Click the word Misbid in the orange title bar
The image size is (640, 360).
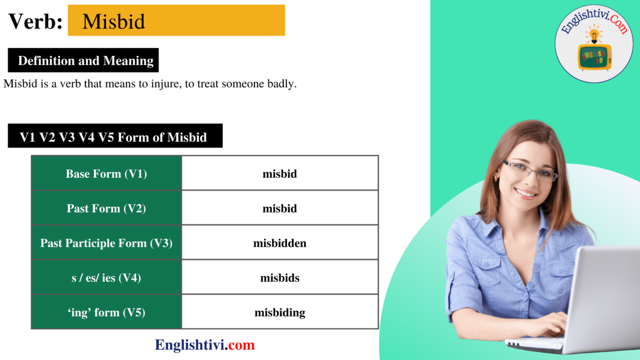point(114,21)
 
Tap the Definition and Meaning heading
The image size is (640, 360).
point(86,61)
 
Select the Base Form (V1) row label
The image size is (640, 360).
point(106,174)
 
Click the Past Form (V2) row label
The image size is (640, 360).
point(106,208)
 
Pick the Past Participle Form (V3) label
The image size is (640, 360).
point(106,243)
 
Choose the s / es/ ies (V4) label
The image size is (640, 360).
point(106,278)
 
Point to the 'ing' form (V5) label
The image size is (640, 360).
point(106,312)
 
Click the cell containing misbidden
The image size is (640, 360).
point(280,243)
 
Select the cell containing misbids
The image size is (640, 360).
point(280,278)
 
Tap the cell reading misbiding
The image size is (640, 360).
point(280,312)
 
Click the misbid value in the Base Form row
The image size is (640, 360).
point(280,174)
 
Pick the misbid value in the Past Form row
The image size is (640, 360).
point(280,208)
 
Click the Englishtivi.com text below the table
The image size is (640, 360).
point(205,345)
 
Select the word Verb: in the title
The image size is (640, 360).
point(35,21)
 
